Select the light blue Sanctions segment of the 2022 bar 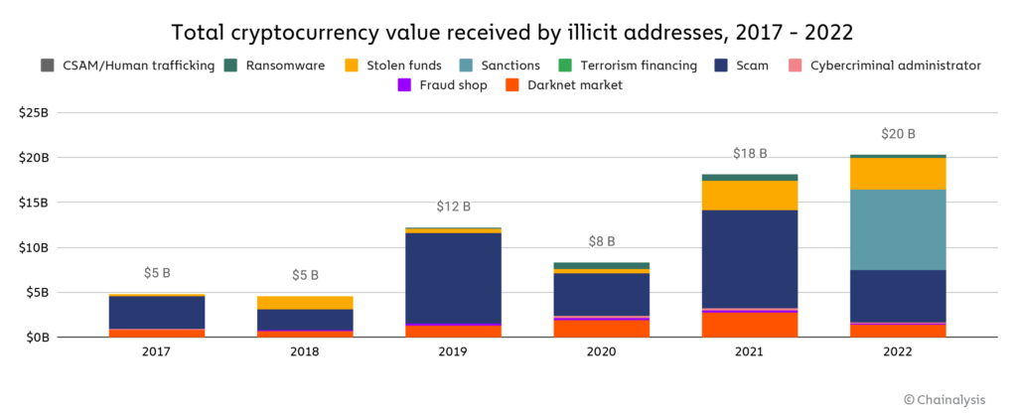tap(898, 229)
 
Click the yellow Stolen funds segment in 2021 tap(750, 195)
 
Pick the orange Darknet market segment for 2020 tap(601, 328)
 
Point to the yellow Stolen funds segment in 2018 tap(305, 302)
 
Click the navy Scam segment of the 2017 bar tap(157, 312)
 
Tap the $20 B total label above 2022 tap(898, 134)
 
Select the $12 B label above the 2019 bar tap(453, 207)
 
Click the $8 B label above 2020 tap(601, 241)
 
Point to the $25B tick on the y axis tap(33, 113)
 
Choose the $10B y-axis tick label tap(33, 247)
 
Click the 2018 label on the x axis tap(305, 353)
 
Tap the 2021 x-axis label tap(750, 353)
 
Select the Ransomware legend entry tap(281, 66)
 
